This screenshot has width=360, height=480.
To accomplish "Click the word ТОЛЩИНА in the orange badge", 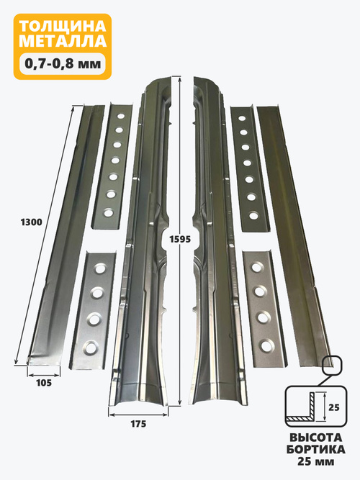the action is (63, 27).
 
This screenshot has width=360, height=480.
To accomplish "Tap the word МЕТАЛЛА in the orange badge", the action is (63, 41).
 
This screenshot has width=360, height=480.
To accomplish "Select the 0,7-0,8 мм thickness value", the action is (63, 63).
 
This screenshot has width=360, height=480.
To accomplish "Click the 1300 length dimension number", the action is (31, 222).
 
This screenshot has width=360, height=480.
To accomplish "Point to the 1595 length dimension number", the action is (180, 239).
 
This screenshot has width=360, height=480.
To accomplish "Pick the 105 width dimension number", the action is (44, 383).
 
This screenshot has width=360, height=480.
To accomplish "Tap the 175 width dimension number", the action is (138, 424).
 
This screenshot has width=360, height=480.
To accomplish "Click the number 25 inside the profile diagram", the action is (334, 407).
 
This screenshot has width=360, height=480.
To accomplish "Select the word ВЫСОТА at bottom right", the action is (315, 437).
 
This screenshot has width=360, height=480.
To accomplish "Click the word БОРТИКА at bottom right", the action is (315, 449).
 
